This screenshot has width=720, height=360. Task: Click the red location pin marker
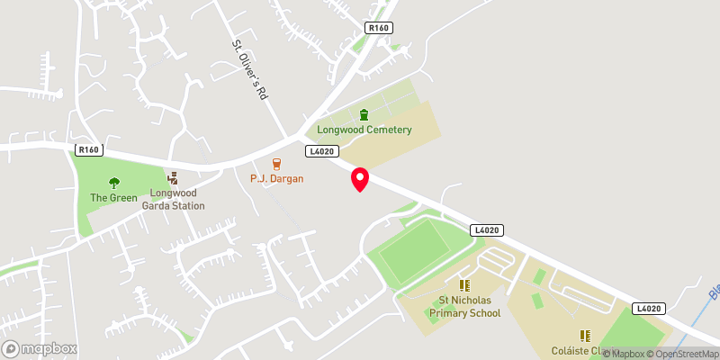click(359, 178)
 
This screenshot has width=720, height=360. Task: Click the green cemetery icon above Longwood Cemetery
click(364, 114)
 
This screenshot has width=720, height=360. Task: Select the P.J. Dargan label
click(277, 178)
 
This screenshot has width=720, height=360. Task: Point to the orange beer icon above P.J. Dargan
click(276, 163)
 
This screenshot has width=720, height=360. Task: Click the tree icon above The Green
click(113, 183)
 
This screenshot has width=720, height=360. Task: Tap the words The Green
click(113, 197)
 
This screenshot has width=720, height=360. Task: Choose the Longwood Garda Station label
click(173, 199)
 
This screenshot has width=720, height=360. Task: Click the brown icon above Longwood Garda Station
click(172, 178)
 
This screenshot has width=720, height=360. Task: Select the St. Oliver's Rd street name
click(251, 70)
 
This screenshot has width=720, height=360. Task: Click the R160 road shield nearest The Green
click(89, 150)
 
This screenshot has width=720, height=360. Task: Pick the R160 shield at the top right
click(379, 29)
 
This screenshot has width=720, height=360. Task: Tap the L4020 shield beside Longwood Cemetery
click(321, 151)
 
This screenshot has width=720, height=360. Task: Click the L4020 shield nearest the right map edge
click(647, 308)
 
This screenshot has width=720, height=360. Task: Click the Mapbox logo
click(40, 348)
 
